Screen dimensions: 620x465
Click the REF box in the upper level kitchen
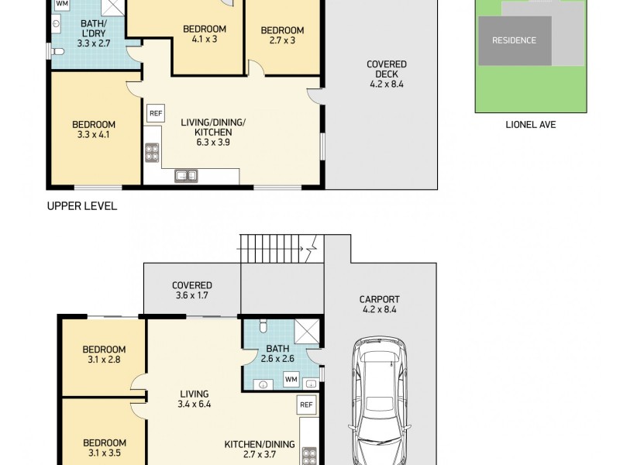(x=156, y=113)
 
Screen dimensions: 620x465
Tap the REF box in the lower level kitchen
(x=306, y=405)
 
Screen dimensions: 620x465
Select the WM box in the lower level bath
(x=291, y=379)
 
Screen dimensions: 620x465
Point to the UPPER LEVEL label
(x=82, y=206)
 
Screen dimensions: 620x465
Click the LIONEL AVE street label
(x=531, y=125)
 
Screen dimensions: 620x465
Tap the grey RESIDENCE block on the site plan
(x=515, y=41)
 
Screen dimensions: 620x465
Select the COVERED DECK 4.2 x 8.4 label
(x=386, y=74)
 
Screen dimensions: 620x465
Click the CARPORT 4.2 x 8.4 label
(x=379, y=304)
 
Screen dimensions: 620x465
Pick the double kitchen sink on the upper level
(x=186, y=176)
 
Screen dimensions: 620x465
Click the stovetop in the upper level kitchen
(x=152, y=153)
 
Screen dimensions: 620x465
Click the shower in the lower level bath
(x=307, y=331)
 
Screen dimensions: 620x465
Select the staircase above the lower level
(x=282, y=249)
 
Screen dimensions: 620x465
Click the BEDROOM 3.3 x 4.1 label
(x=94, y=129)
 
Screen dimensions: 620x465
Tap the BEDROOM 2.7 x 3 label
(x=282, y=35)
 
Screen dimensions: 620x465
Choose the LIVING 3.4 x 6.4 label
(x=195, y=399)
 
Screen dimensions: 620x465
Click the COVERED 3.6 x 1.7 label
(x=192, y=290)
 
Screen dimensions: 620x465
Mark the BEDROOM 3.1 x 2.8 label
(x=104, y=354)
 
